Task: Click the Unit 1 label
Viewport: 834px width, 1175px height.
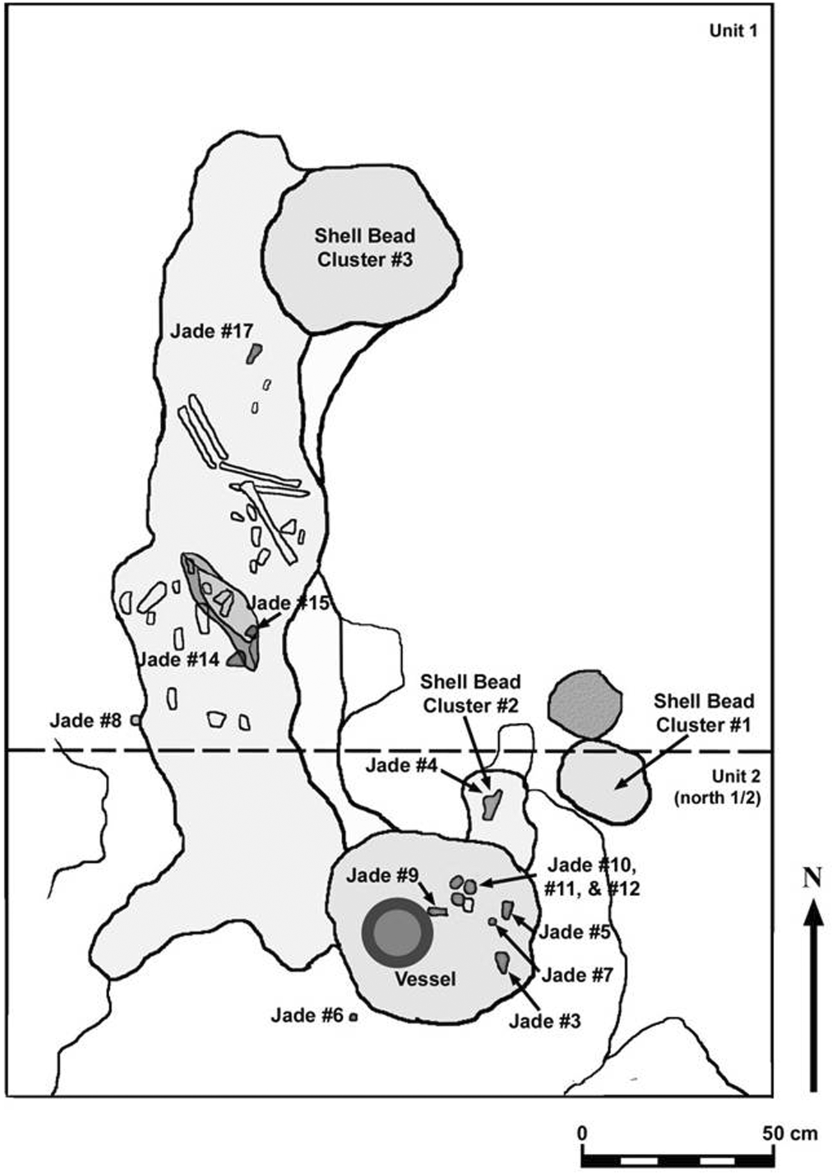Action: point(733,31)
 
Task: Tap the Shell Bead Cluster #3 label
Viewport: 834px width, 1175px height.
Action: point(365,248)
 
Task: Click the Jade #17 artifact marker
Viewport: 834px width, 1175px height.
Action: point(254,353)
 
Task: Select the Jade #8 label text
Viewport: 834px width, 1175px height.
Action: point(85,720)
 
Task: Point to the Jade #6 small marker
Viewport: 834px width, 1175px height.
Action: point(353,1016)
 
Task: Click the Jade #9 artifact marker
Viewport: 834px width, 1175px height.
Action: point(437,911)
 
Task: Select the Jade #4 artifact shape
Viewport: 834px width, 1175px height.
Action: point(492,804)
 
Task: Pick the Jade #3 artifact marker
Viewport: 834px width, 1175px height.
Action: point(502,962)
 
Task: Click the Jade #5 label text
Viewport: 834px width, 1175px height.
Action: point(574,932)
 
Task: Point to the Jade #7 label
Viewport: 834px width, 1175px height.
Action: point(578,975)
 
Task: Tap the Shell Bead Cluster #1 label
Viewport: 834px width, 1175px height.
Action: point(703,712)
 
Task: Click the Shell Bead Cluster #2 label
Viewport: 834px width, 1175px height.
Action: point(471,693)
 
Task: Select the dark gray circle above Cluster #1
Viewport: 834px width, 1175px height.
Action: point(584,704)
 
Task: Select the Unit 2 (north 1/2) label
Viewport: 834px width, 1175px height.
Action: point(717,787)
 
